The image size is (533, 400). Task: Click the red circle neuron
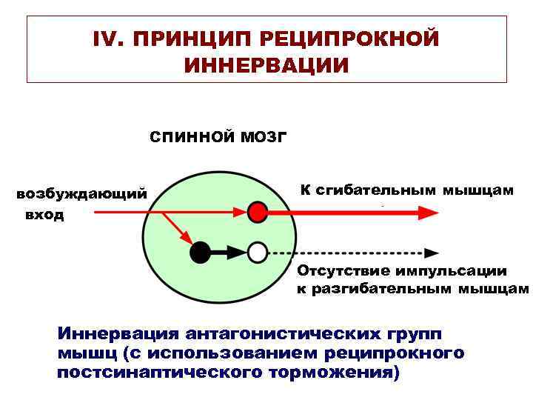[x=257, y=212]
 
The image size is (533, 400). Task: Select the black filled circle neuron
[x=201, y=253]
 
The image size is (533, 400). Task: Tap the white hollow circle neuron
[x=257, y=253]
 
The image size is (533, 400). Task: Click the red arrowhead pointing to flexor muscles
[x=427, y=213]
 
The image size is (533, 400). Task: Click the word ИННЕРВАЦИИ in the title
[x=266, y=66]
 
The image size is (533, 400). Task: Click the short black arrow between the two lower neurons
[x=229, y=253]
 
